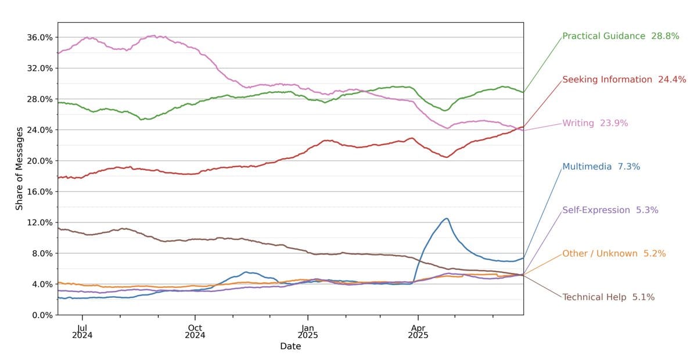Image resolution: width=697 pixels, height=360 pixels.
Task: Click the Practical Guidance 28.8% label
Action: (620, 36)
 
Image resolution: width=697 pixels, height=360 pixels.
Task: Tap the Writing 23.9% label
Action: (595, 123)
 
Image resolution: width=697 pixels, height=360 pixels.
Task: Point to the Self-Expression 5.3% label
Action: (610, 210)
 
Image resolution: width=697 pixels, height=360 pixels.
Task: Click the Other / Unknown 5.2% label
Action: (613, 254)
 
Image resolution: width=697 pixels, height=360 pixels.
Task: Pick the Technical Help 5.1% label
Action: (608, 297)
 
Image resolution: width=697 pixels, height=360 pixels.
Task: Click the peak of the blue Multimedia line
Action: (446, 219)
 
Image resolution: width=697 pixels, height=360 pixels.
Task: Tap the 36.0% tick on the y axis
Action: (40, 37)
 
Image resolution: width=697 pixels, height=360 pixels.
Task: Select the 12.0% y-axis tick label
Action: (40, 222)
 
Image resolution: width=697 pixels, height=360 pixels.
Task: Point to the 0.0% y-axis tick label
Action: (42, 315)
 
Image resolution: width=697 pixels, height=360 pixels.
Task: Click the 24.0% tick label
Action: (40, 130)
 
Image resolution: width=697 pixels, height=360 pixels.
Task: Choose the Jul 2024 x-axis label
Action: (82, 330)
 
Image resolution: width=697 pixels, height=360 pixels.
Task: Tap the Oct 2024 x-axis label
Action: (195, 330)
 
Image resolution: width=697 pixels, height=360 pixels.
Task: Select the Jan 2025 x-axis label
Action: (308, 330)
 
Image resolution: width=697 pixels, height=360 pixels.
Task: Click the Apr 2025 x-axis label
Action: (418, 330)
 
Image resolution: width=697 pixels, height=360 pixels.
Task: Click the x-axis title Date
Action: (290, 347)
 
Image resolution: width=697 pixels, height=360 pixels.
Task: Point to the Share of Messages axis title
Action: (19, 168)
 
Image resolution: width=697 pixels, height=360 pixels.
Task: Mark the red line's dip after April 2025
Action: (446, 157)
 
